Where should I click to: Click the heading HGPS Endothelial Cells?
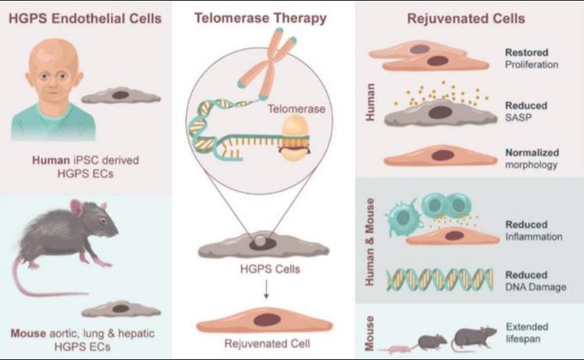pos(85,18)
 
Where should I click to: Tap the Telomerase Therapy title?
pos(261,18)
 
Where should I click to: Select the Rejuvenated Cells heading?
pos(466,18)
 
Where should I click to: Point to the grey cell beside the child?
pos(120,95)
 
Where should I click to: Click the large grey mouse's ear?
pos(77,208)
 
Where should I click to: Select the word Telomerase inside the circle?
pos(297,109)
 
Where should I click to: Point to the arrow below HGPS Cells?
pos(266,290)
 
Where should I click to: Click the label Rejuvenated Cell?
pos(267,343)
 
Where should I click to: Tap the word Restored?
pos(527,53)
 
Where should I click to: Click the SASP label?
pos(518,118)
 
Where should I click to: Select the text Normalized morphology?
pos(532,159)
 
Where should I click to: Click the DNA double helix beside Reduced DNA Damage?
pos(440,280)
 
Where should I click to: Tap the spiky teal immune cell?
pos(403,217)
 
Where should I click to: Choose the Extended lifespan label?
pos(527,333)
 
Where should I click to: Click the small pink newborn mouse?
pos(396,349)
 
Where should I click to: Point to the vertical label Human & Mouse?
pos(369,242)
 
